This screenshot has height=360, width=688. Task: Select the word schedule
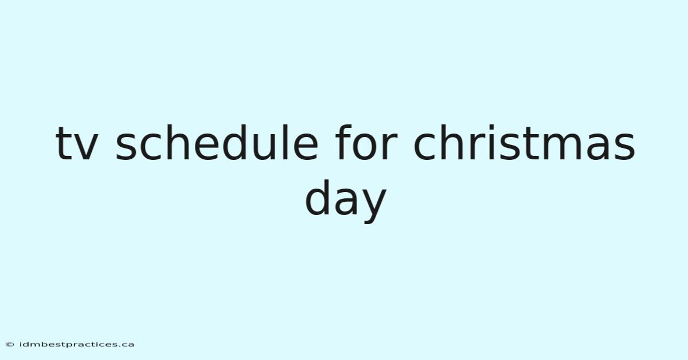[217, 143]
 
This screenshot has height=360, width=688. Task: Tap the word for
[366, 143]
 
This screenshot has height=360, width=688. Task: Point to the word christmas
[524, 143]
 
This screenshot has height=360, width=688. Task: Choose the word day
[346, 201]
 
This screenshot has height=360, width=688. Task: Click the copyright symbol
[10, 345]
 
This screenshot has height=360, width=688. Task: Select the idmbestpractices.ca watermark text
[76, 345]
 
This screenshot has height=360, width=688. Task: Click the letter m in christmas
[565, 147]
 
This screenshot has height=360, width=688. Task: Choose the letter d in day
[317, 198]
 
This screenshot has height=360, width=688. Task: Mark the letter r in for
[390, 147]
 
